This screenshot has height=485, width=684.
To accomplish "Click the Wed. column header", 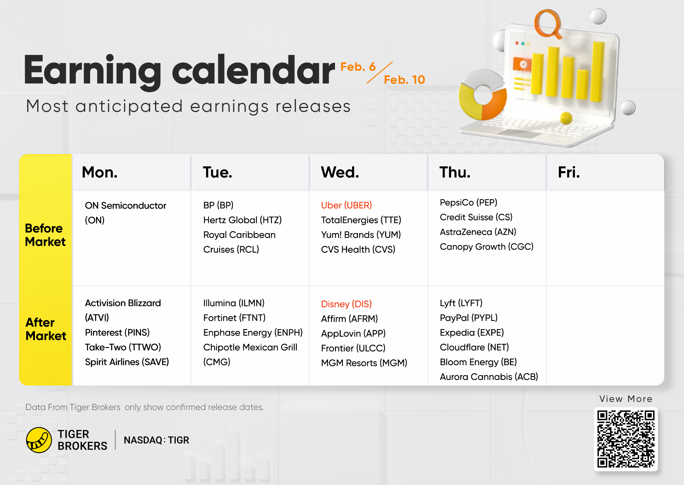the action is tap(340, 172).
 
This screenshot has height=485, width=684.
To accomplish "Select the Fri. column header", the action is tap(569, 172).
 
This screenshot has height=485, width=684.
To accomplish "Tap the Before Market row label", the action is tap(45, 235).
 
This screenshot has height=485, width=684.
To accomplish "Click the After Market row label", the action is tap(46, 329).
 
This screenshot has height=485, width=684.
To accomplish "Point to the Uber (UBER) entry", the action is tap(346, 205).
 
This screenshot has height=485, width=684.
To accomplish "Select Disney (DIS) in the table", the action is tap(346, 304).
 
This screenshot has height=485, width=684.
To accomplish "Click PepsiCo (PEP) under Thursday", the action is tap(468, 203).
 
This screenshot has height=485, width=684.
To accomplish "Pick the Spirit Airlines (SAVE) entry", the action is tap(127, 362).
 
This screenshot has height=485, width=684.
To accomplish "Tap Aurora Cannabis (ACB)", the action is tap(489, 377).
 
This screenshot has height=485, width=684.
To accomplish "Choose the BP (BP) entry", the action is tap(218, 205).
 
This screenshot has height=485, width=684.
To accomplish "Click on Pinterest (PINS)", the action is tap(117, 333).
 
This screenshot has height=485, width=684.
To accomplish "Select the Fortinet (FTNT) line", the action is tap(234, 318).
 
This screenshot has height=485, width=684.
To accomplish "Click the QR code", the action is tap(626, 439).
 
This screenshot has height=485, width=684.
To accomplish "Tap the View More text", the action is tap(626, 399).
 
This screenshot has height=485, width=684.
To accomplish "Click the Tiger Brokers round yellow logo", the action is tap(39, 440).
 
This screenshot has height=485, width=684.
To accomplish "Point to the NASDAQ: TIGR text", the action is tap(156, 440).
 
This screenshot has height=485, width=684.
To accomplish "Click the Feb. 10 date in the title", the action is tap(404, 80).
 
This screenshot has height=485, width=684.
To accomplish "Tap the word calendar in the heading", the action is tap(253, 70).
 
